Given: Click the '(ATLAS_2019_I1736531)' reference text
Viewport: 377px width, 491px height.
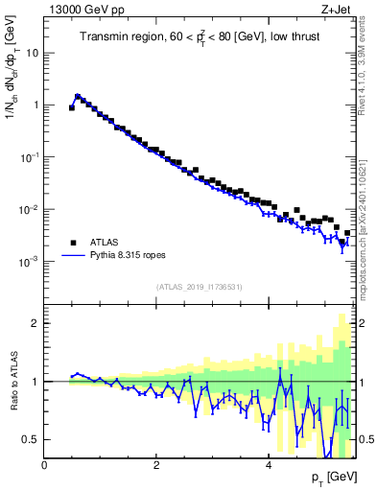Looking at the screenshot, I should pos(199,287).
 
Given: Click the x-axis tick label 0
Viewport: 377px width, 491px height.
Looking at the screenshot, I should pos(44,465).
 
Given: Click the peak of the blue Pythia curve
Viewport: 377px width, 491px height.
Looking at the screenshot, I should pos(78,96).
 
